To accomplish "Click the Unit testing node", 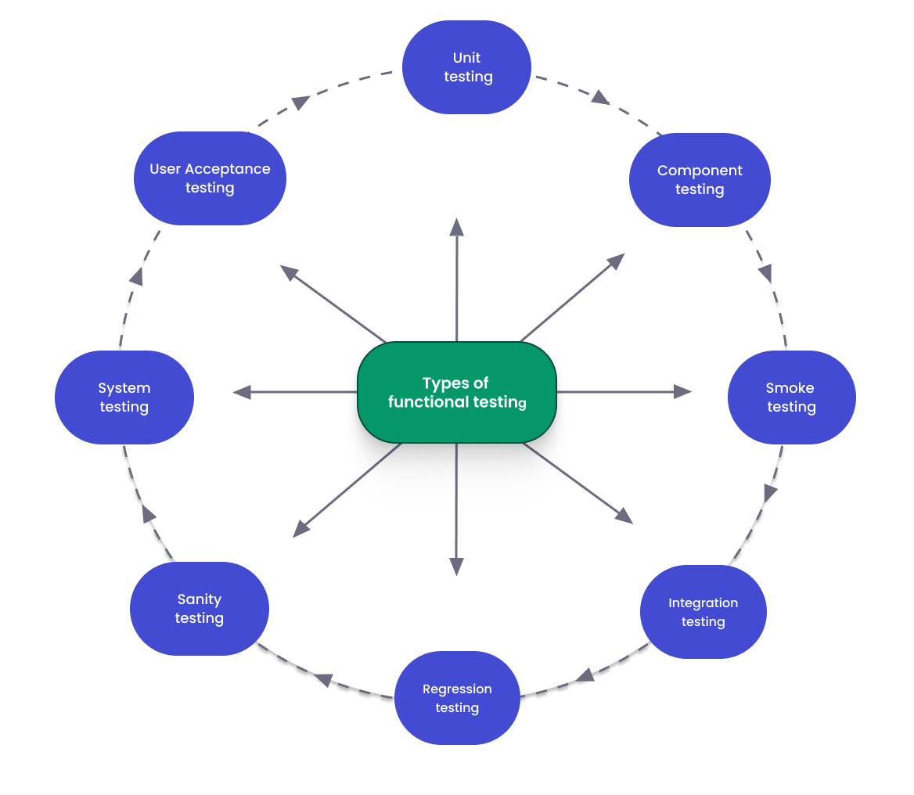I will point(467,67).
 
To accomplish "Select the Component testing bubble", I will point(700,180).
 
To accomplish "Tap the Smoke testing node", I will point(791,397).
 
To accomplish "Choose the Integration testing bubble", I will point(703,612).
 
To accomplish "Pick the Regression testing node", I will point(457,698).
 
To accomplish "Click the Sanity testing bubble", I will point(199,609).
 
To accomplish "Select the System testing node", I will point(124,397).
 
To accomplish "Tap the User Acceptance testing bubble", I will point(210,178).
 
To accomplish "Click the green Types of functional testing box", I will point(456,393).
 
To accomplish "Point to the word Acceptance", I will point(232,169).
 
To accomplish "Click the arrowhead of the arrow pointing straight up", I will point(457,227).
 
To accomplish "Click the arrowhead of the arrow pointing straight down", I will point(457,567).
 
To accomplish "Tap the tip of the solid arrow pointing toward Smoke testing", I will point(683,391).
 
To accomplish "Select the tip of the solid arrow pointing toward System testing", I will point(242,392).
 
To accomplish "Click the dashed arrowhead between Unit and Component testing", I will point(600,98).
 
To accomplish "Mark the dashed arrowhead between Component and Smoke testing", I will point(765,273).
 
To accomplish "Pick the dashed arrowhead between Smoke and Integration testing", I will point(770,493).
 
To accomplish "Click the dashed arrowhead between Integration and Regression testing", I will point(585,674).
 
